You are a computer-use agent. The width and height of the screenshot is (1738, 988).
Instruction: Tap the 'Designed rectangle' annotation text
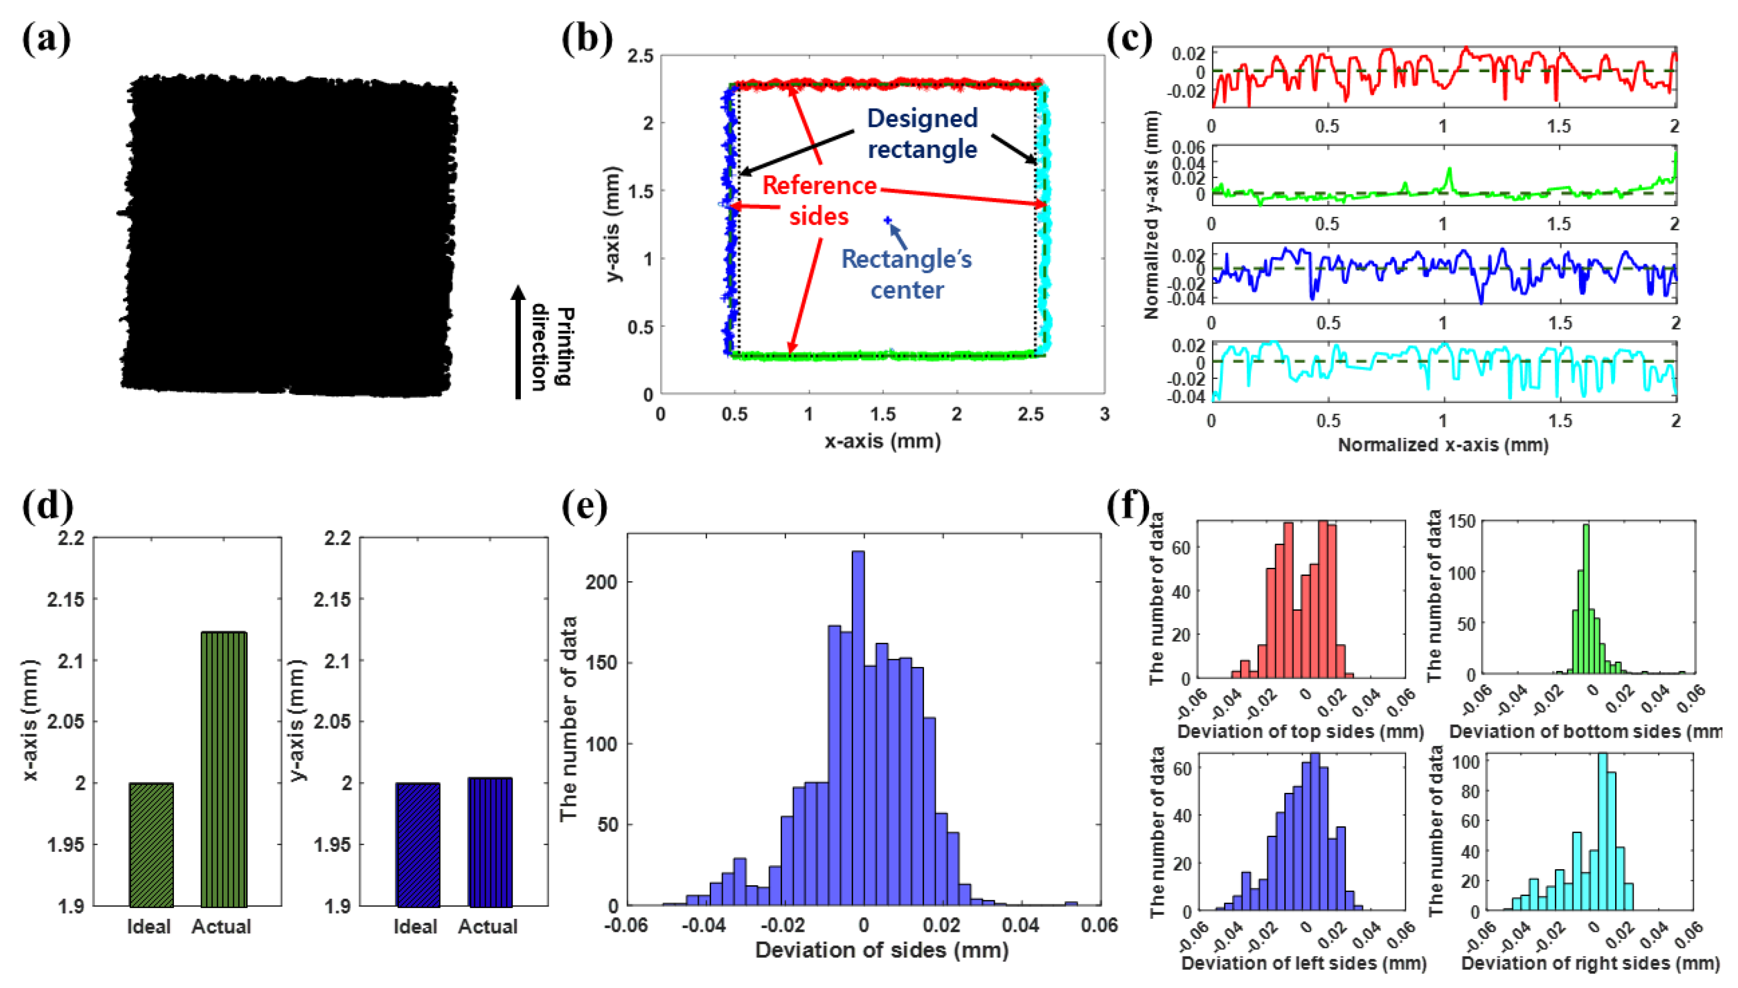coord(922,133)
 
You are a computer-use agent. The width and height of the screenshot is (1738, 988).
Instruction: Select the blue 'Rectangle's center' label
coord(906,274)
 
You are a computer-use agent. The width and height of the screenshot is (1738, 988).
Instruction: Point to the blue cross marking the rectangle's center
coord(887,220)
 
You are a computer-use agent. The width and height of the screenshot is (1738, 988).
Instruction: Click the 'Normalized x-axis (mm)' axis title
coord(1442,445)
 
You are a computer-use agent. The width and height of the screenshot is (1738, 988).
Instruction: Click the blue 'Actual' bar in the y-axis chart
coord(490,841)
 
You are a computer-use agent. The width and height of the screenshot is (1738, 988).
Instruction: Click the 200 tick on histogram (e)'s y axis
coord(603,582)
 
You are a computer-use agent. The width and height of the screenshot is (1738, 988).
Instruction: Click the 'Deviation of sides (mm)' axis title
coord(881,950)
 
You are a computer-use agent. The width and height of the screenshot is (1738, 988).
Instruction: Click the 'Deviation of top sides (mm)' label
coord(1300,731)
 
